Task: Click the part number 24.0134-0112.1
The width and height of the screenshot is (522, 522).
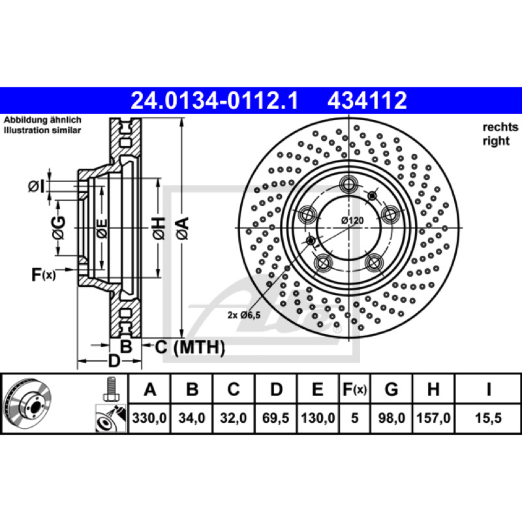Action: pyautogui.click(x=215, y=100)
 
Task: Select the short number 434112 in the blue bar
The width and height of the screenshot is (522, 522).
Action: pyautogui.click(x=367, y=100)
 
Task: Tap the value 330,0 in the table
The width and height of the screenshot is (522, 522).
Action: pyautogui.click(x=149, y=418)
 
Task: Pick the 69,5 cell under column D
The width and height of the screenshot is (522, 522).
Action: pyautogui.click(x=275, y=418)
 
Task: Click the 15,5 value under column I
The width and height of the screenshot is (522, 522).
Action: pyautogui.click(x=488, y=418)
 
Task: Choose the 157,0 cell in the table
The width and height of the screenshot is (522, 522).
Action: pyautogui.click(x=433, y=418)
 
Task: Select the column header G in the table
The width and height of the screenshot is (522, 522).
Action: pyautogui.click(x=391, y=389)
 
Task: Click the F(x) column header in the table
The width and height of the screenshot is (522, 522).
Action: pyautogui.click(x=354, y=389)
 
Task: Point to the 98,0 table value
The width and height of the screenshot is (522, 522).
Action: pyautogui.click(x=391, y=418)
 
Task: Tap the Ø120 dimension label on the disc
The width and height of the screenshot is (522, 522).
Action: pyautogui.click(x=352, y=220)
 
